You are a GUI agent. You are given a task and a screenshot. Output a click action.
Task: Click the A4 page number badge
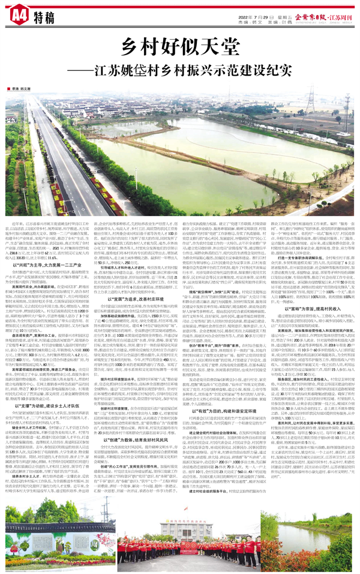click(18, 11)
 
